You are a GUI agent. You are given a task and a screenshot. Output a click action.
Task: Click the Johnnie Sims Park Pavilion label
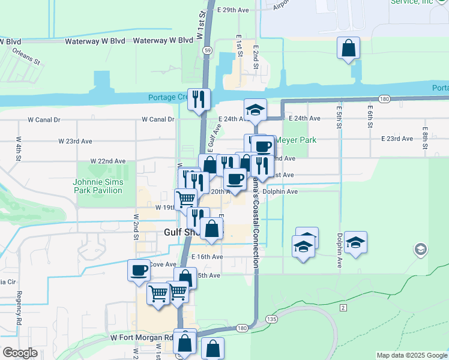point(97,186)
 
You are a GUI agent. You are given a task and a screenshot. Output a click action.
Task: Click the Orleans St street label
point(26,55)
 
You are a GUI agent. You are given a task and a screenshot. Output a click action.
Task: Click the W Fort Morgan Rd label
point(142,337)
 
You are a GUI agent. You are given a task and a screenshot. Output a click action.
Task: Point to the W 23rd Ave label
point(75,141)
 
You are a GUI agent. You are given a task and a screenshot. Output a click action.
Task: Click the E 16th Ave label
point(207,256)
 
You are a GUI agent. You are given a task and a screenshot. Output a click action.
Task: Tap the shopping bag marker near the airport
point(348,48)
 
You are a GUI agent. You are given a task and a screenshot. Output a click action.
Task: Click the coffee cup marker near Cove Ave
point(139,270)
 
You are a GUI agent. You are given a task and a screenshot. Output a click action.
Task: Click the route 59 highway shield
point(206,52)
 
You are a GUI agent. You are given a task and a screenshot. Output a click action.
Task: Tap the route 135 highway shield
point(272,319)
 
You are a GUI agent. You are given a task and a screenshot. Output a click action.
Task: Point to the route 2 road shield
point(343,308)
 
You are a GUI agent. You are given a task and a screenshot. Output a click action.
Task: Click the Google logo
point(20,353)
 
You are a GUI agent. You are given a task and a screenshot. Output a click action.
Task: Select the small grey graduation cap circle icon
point(420,249)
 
